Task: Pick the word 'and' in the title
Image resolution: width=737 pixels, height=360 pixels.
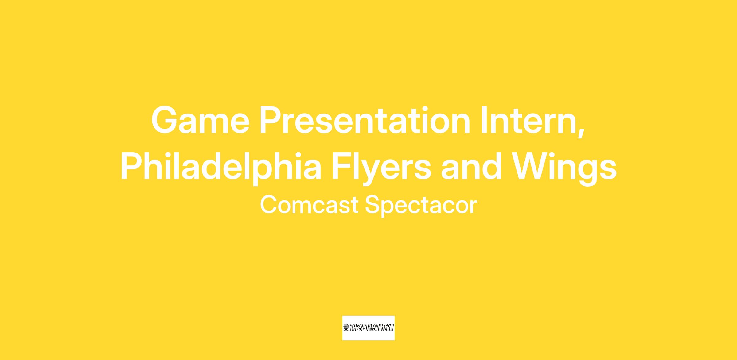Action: [x=472, y=166]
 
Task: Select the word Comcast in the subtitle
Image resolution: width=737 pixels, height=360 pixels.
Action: [x=309, y=205]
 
